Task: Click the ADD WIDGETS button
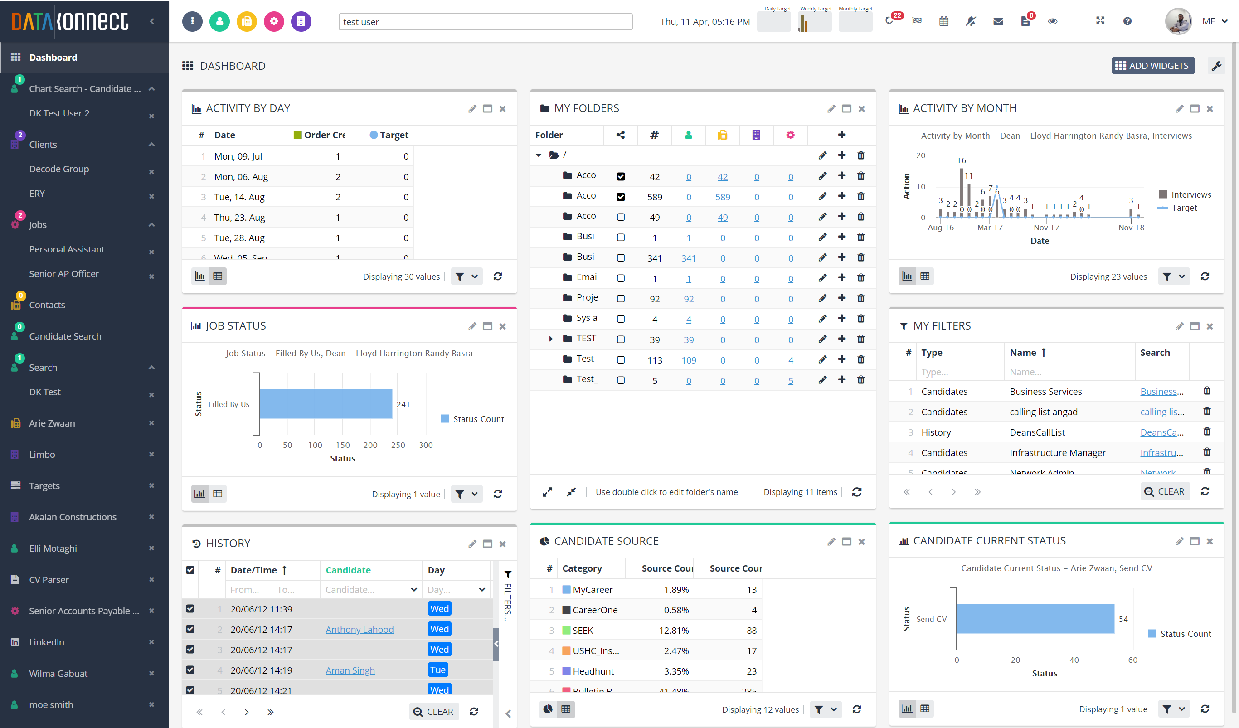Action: tap(1152, 66)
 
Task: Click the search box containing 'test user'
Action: tap(485, 22)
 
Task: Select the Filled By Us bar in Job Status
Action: tap(326, 404)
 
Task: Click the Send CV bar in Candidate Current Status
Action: tap(1035, 619)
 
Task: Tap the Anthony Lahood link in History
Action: tap(360, 629)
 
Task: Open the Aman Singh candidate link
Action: tap(350, 670)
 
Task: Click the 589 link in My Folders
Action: tap(722, 197)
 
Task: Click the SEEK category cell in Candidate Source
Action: tap(583, 630)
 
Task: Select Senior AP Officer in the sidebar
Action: tap(64, 274)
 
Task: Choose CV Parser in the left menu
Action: tap(49, 580)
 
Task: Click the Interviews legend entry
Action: tap(1190, 194)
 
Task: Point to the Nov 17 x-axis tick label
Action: tap(1046, 228)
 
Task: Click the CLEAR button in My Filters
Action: tap(1165, 491)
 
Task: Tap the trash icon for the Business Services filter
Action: tap(1206, 391)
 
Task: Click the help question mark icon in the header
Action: tap(1127, 21)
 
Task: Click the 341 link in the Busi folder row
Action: tap(688, 258)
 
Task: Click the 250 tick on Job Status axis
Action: tap(398, 445)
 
